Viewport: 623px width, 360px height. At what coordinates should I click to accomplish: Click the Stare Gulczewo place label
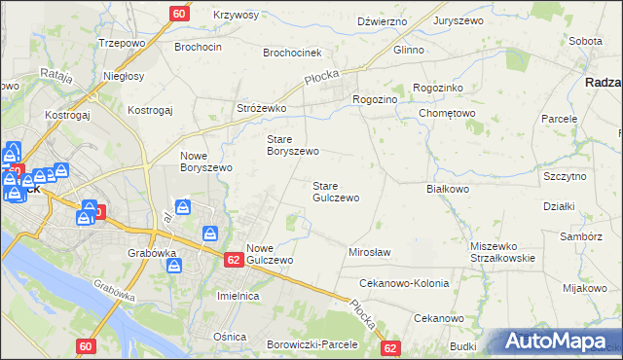(336, 192)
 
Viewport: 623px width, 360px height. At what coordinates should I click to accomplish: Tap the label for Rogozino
(376, 98)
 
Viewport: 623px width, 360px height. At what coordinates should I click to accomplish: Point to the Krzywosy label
(236, 16)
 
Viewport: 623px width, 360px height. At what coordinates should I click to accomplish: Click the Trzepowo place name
(122, 45)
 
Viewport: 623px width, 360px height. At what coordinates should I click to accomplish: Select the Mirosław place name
(370, 252)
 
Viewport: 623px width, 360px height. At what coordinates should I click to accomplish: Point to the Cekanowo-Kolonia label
(404, 283)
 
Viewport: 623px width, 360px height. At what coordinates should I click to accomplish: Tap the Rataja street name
(56, 75)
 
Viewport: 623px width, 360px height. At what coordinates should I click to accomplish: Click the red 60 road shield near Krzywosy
(178, 14)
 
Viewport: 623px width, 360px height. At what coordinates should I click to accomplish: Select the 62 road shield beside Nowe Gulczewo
(233, 260)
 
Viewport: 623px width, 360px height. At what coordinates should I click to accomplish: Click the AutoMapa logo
(560, 342)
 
